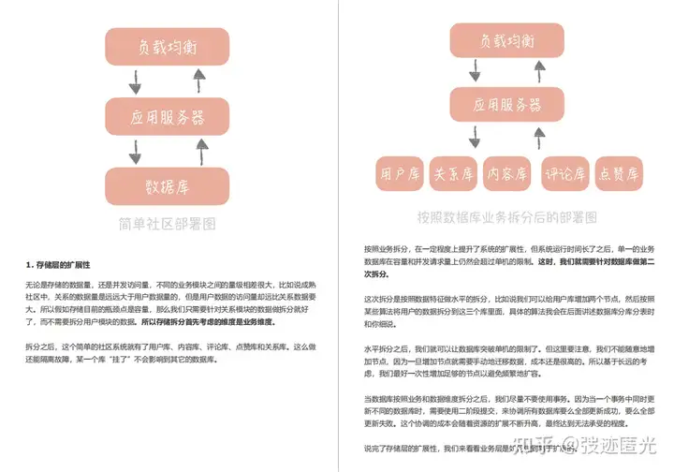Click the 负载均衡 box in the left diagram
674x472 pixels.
(x=168, y=46)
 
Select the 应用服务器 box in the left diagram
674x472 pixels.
(x=168, y=117)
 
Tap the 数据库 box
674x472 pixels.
(x=168, y=184)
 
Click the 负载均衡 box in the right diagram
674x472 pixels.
(x=506, y=41)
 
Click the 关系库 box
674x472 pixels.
(x=451, y=172)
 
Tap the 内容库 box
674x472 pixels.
(x=507, y=172)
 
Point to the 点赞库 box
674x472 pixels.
(x=619, y=172)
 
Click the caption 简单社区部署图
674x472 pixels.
(x=168, y=224)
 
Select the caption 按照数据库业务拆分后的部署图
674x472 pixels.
(x=506, y=216)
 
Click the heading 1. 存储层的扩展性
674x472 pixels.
(x=64, y=263)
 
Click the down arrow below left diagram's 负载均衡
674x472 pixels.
(x=135, y=81)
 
